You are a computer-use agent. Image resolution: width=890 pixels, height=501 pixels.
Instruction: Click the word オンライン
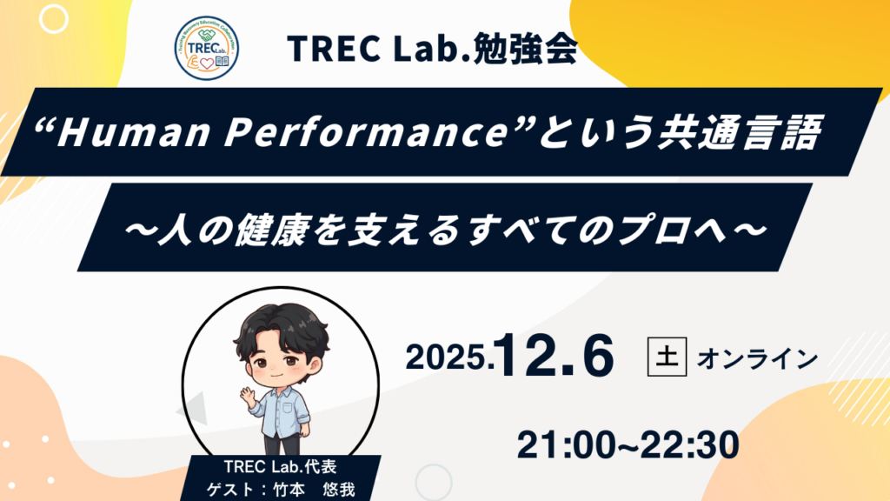tap(757, 357)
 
